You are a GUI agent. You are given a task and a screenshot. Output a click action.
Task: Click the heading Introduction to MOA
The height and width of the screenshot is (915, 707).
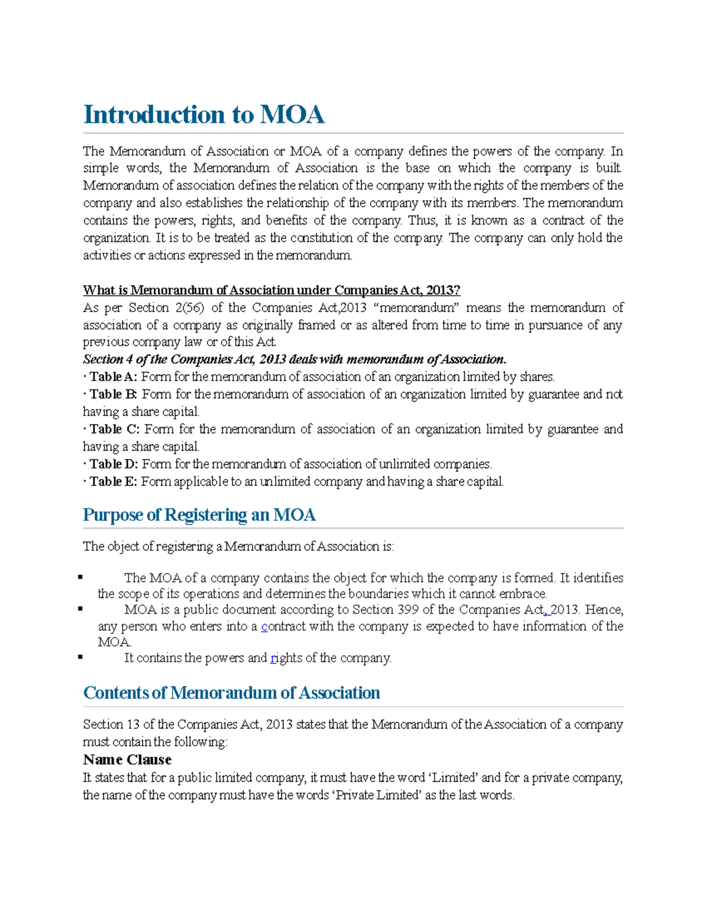coord(204,114)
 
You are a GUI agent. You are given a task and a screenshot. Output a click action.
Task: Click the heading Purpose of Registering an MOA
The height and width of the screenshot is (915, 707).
coord(199,515)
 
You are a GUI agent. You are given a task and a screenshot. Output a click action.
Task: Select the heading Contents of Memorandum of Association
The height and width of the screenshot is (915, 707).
coord(232,693)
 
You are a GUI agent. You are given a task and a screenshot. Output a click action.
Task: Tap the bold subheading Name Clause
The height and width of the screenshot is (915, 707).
coord(127,759)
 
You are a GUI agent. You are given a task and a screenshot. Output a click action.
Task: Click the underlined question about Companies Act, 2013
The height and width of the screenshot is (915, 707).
coord(271,290)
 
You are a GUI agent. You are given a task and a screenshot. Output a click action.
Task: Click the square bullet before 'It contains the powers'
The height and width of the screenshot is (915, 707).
coord(81,656)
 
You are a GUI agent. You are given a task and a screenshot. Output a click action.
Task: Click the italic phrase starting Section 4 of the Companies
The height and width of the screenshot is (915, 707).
coord(294,359)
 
